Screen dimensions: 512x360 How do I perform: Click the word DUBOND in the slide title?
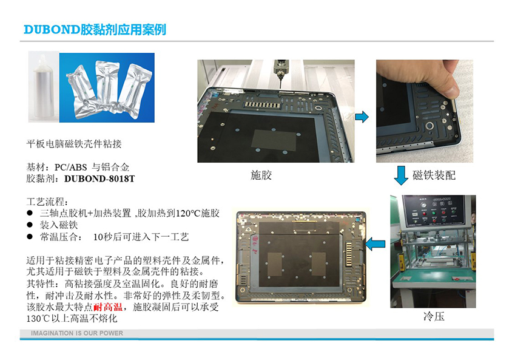[52, 30]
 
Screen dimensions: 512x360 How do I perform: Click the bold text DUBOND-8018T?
[99, 178]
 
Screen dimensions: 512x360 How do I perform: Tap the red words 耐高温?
[108, 307]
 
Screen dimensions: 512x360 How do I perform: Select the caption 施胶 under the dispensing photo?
[261, 175]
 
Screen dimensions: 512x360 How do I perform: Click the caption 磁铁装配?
[434, 175]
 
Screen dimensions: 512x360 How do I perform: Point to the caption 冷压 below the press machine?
[434, 316]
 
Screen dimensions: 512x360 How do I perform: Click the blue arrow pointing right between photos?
[362, 117]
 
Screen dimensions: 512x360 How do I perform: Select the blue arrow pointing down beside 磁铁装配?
[400, 175]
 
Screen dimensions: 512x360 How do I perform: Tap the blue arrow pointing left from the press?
[376, 244]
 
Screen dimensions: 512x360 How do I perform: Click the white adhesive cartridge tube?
[43, 87]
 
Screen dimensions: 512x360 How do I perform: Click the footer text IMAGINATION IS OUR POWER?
[77, 333]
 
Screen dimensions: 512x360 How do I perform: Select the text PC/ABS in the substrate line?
[70, 168]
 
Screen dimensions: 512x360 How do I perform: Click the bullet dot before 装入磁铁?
[30, 225]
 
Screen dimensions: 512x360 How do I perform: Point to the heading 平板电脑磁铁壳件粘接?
[74, 144]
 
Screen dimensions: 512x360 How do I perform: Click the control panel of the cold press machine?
[433, 210]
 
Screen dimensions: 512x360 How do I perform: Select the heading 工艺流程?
[47, 202]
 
